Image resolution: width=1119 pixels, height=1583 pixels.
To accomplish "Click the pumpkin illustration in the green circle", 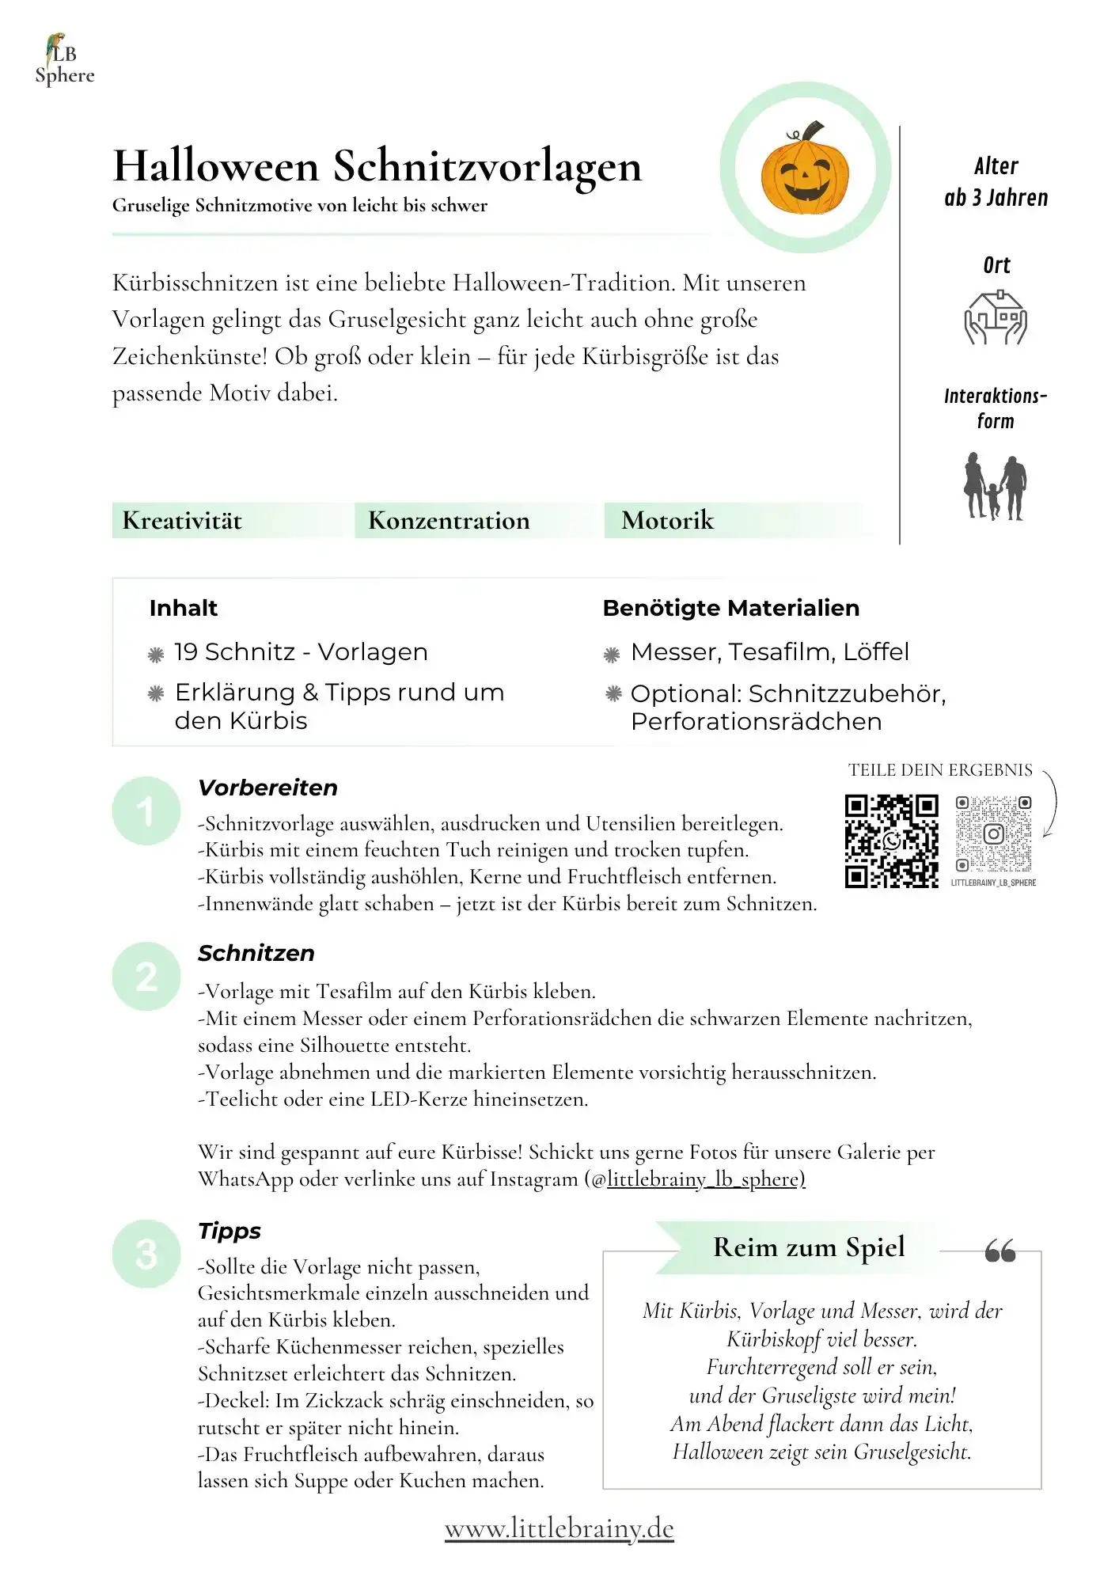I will [x=805, y=169].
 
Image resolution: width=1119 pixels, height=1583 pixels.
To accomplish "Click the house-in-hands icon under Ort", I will [x=995, y=317].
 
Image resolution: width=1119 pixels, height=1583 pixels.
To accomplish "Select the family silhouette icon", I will [x=995, y=486].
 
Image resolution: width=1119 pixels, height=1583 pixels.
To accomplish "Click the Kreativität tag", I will [x=182, y=521].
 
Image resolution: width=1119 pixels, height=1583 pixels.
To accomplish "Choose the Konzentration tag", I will [x=449, y=521].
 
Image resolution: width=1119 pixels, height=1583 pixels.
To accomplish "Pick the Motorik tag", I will [x=667, y=521].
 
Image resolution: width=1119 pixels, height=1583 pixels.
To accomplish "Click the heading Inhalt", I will [x=183, y=608].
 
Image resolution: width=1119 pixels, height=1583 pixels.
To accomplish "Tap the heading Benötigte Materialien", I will [x=730, y=608].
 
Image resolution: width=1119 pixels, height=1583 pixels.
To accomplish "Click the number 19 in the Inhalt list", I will [x=186, y=652].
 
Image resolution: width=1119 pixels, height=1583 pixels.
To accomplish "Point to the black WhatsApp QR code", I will [x=891, y=841].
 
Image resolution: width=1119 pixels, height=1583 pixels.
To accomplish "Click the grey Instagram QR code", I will [x=993, y=834].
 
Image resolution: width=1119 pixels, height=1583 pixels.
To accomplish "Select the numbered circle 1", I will [x=146, y=811].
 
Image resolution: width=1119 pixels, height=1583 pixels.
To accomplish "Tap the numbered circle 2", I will [x=146, y=976].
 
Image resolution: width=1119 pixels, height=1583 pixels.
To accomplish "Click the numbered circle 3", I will [x=146, y=1254].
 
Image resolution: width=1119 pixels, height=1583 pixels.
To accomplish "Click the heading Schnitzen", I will [x=256, y=953].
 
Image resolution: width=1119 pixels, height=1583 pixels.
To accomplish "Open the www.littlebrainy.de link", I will [x=559, y=1528].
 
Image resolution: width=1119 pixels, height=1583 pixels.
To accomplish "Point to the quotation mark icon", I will [x=1000, y=1251].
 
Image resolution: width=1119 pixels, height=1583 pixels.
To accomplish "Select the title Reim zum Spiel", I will [x=808, y=1247].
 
